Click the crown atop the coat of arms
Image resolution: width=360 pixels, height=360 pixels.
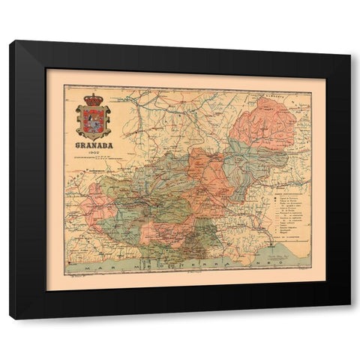pyautogui.click(x=94, y=99)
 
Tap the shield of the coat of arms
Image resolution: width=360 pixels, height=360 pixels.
pyautogui.click(x=94, y=118)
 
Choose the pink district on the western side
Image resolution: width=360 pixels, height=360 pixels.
pyautogui.click(x=100, y=202)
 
